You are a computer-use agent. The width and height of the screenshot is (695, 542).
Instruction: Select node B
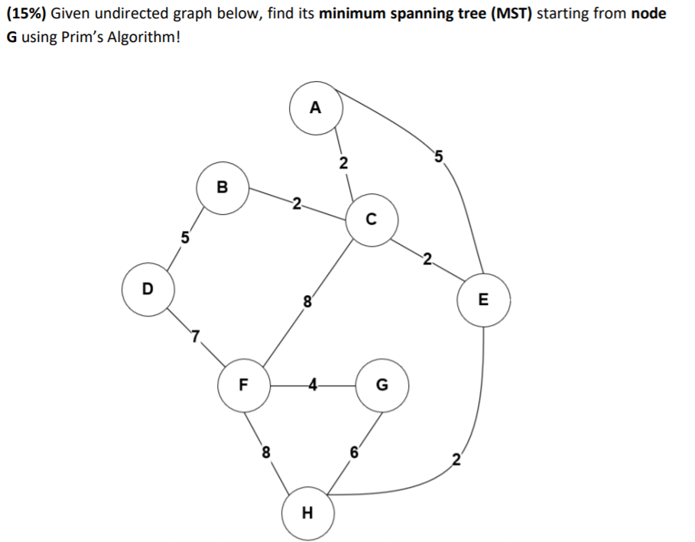pos(222,186)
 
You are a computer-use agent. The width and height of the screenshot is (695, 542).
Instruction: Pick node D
pos(148,288)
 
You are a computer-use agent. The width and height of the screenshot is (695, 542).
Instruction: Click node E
pos(482,300)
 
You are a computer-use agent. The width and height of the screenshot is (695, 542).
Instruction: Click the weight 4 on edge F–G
pos(312,385)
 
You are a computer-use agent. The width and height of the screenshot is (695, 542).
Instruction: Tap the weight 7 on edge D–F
pos(196,336)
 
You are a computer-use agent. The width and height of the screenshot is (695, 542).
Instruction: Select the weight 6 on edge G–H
pos(353,451)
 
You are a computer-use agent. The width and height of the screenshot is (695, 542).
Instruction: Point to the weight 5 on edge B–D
pos(183,237)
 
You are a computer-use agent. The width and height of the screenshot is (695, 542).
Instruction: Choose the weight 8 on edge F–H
pos(265,451)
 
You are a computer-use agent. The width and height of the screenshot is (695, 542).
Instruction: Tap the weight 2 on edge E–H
pos(456,459)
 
